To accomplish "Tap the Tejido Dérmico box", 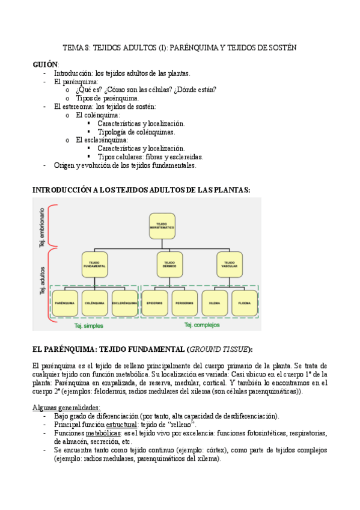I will pos(169,264).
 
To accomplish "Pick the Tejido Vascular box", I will pos(229,264).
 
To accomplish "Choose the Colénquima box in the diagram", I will pos(94,304).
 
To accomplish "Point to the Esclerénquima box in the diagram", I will pos(124,304).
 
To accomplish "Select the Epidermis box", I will pos(154,304).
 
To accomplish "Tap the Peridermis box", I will pos(185,304).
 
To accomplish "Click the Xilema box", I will pos(215,304).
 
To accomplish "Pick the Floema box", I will pos(244,304).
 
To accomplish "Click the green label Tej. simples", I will pos(88,326).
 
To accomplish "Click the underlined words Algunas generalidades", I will pos(66,407).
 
